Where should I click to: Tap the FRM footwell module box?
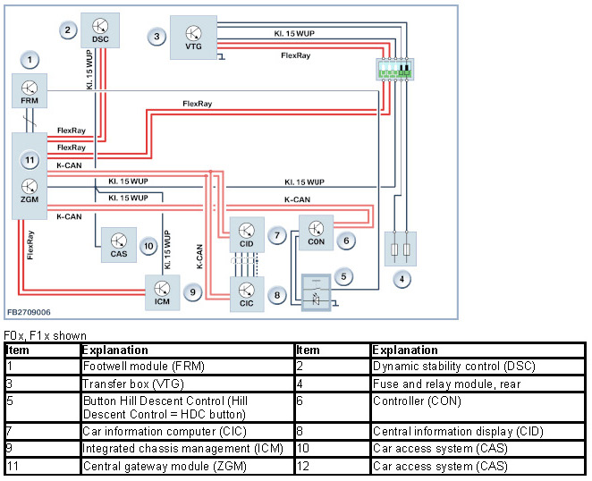[x=30, y=91]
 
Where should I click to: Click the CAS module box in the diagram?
[x=118, y=244]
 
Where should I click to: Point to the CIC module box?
[x=247, y=293]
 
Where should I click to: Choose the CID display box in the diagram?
[x=247, y=235]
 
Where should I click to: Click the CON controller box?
[x=316, y=233]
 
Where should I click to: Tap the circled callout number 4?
[x=403, y=279]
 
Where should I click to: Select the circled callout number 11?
[x=30, y=161]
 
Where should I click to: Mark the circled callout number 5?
[x=344, y=276]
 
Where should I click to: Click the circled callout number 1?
[x=30, y=60]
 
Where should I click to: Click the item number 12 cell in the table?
[x=332, y=467]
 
